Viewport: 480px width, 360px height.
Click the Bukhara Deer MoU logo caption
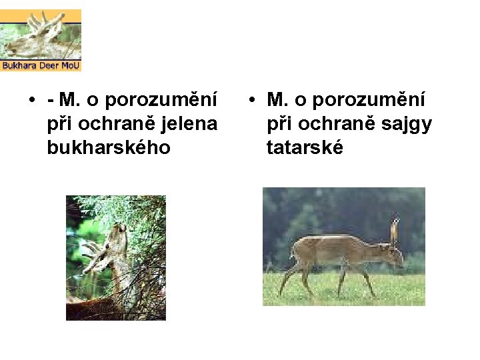click(41, 66)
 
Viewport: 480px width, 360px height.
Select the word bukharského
click(109, 147)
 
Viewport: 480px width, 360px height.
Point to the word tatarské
click(305, 147)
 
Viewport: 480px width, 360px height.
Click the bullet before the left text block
click(31, 101)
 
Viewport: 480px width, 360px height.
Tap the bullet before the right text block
click(251, 101)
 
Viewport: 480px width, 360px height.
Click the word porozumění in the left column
click(162, 101)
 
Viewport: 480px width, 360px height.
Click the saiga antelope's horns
click(395, 229)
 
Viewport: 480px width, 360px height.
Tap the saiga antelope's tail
click(292, 251)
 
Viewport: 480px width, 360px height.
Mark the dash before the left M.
click(51, 101)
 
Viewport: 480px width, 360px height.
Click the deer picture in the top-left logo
click(41, 35)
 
